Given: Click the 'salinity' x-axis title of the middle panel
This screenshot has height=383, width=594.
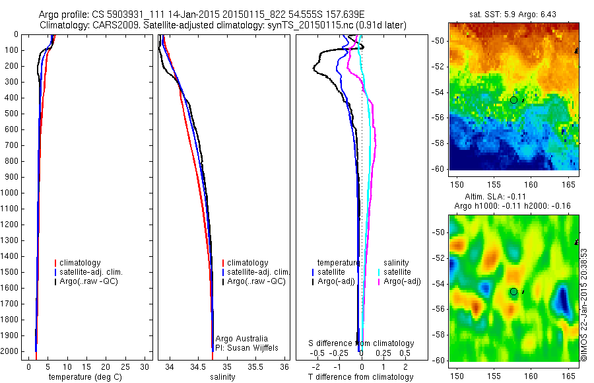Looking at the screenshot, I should click(x=222, y=377).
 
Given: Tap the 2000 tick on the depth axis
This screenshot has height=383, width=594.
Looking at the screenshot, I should click(x=11, y=351).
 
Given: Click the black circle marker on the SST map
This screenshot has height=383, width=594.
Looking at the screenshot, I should click(x=513, y=100).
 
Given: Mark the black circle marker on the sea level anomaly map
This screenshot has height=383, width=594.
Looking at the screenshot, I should click(x=513, y=291).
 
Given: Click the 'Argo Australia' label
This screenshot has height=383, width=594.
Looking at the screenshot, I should click(x=242, y=339).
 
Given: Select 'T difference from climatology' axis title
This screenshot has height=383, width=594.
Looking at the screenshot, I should click(x=360, y=377).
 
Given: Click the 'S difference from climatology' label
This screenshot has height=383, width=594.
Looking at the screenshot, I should click(x=362, y=343).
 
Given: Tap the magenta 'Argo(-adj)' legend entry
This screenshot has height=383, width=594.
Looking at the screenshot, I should click(x=402, y=281).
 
